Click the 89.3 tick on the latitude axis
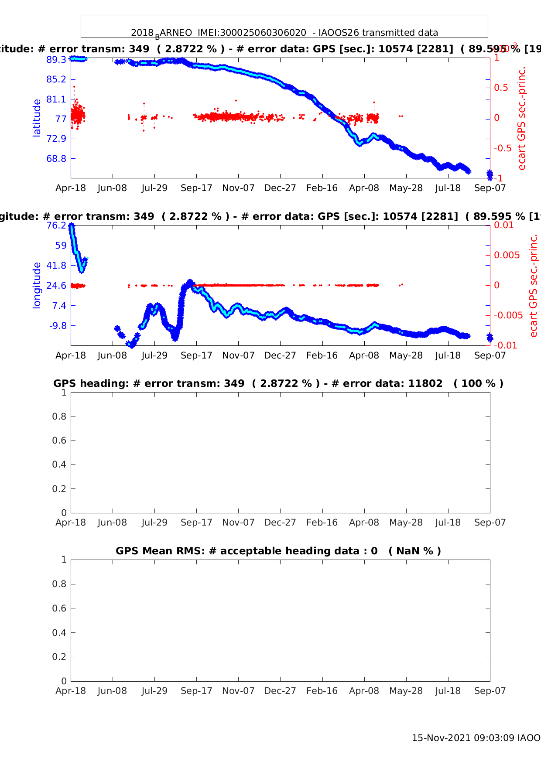[56, 59]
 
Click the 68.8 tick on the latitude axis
[56, 158]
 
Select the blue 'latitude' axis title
[37, 118]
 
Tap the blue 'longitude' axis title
[37, 285]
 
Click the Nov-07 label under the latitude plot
[238, 188]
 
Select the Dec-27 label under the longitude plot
[280, 355]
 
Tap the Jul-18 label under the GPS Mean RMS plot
[448, 691]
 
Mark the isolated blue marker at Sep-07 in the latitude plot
[490, 174]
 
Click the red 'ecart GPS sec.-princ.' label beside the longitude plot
[533, 285]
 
